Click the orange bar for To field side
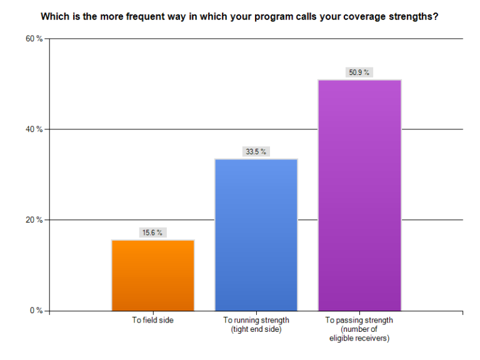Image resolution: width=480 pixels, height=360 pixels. [153, 275]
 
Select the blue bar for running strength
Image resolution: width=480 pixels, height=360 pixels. [256, 234]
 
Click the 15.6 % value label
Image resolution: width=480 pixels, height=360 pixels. [153, 232]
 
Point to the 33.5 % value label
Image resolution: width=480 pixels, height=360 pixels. [256, 151]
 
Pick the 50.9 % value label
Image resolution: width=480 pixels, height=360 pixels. [359, 72]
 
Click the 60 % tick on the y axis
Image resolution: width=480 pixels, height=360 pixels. [34, 39]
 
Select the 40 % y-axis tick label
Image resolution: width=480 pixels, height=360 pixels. [34, 129]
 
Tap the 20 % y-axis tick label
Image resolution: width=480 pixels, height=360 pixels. [34, 220]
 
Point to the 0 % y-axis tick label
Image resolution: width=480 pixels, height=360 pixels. [36, 311]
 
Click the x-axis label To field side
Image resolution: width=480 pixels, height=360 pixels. [153, 321]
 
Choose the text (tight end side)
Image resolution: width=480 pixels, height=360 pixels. [256, 329]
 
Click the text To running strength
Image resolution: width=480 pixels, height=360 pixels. [256, 321]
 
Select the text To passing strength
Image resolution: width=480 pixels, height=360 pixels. [359, 321]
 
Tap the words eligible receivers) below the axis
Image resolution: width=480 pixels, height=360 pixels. [359, 338]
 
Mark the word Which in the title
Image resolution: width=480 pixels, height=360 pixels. [54, 17]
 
